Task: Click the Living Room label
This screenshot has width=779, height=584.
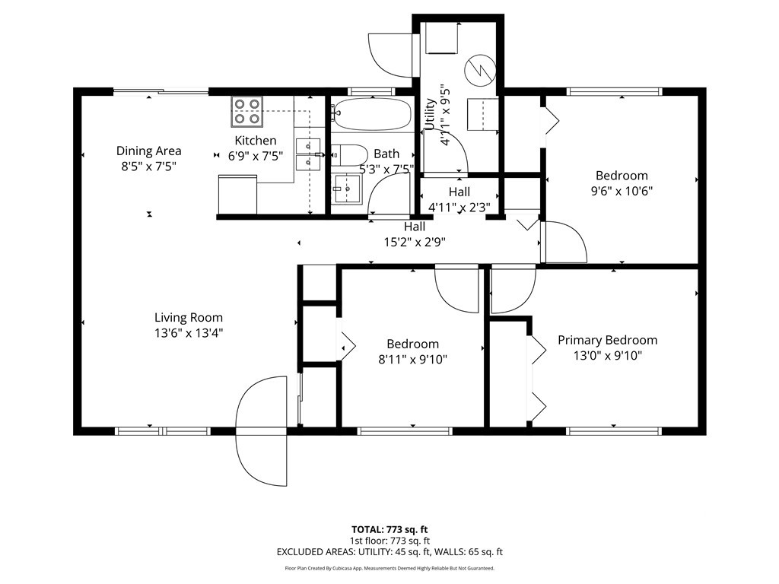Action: tap(189, 317)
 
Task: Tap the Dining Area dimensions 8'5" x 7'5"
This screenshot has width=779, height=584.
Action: tap(149, 167)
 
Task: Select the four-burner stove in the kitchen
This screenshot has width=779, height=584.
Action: tap(247, 111)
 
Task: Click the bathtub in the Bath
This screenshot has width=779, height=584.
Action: tap(372, 113)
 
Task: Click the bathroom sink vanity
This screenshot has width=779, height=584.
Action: tap(348, 189)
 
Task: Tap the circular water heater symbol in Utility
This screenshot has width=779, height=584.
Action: tap(480, 69)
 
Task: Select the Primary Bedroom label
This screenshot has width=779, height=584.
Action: tap(608, 340)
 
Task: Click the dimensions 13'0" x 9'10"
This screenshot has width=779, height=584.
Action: tap(608, 356)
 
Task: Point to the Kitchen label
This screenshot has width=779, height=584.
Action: tap(256, 141)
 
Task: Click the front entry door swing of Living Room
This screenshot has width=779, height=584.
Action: tap(262, 431)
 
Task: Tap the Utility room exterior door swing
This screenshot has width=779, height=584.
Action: tap(390, 55)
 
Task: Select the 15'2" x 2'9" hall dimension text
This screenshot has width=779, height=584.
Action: tap(415, 243)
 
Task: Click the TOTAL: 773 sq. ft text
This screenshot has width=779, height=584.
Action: tap(389, 529)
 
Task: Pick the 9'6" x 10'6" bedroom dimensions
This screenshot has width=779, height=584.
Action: tap(622, 191)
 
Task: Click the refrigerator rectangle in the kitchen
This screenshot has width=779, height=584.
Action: tap(237, 195)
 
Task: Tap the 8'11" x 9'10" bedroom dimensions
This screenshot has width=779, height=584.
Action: tap(413, 360)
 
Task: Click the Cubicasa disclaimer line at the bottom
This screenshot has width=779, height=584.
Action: tap(389, 568)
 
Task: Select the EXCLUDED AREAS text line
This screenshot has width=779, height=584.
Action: tap(389, 552)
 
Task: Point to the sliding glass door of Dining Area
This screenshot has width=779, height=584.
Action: tap(161, 91)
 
